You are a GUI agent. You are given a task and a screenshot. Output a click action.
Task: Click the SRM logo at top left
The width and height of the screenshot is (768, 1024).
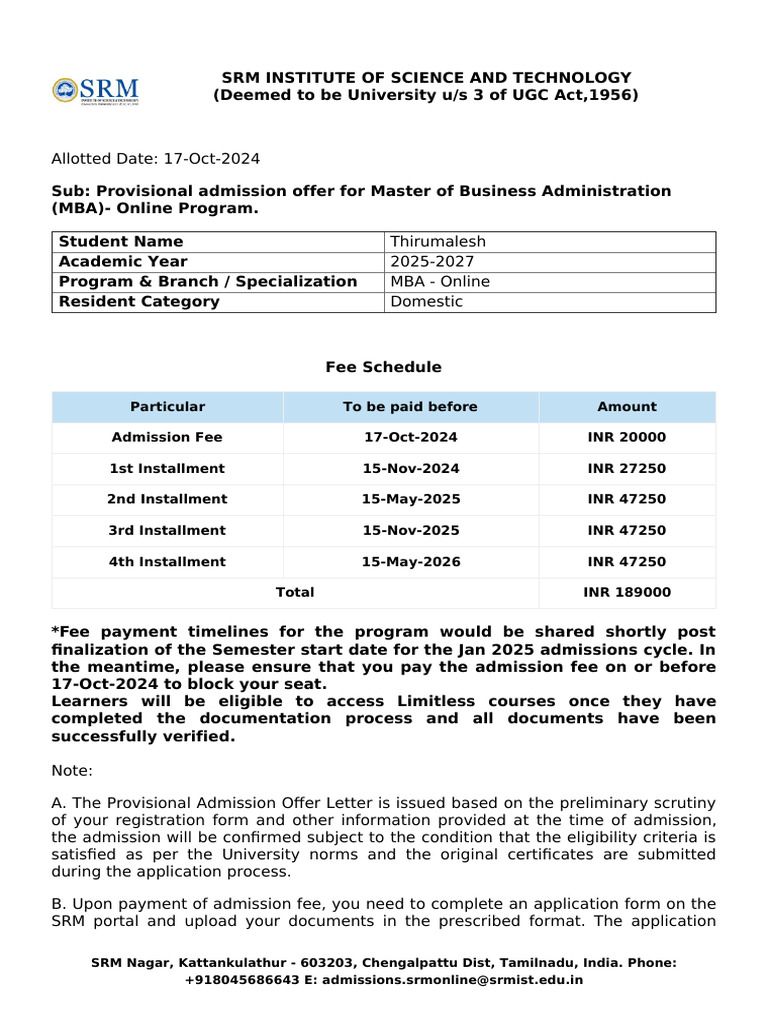point(95,90)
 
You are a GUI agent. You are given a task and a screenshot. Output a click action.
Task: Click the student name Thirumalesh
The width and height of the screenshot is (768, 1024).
point(437,242)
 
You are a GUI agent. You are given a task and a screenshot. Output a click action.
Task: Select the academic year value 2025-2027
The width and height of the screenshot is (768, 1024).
point(431,262)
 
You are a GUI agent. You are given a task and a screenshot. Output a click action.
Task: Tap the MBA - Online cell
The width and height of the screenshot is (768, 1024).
point(440,282)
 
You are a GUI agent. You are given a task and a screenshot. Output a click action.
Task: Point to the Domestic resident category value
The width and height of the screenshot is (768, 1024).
point(427,302)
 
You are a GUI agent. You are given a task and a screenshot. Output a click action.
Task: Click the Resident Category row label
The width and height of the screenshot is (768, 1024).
point(139,302)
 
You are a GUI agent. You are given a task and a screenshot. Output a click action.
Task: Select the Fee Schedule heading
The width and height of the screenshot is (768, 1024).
point(383,368)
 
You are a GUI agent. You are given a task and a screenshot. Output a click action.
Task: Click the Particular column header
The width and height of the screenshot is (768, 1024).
point(167,407)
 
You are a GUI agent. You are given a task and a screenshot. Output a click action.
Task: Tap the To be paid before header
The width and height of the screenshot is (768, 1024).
point(410,407)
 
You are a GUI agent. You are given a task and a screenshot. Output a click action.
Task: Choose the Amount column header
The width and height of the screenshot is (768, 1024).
point(627,407)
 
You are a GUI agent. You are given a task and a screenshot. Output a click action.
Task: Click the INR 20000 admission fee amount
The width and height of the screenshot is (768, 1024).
point(627,438)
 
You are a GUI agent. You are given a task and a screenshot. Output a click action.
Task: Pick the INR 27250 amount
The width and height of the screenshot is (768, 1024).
point(627,469)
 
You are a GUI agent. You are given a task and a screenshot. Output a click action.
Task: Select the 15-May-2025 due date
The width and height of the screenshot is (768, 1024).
point(410,500)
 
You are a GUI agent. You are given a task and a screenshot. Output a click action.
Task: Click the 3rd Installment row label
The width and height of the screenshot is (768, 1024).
point(167,531)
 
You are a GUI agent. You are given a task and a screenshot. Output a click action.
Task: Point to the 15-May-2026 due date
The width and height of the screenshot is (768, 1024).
point(410,562)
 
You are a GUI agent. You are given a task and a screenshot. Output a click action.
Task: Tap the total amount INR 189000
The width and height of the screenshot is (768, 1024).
point(627,593)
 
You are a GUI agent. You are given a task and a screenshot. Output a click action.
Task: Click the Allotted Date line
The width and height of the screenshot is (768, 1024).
point(155,159)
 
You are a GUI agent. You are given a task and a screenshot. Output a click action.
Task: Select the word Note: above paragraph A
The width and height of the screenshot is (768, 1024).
point(71,771)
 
